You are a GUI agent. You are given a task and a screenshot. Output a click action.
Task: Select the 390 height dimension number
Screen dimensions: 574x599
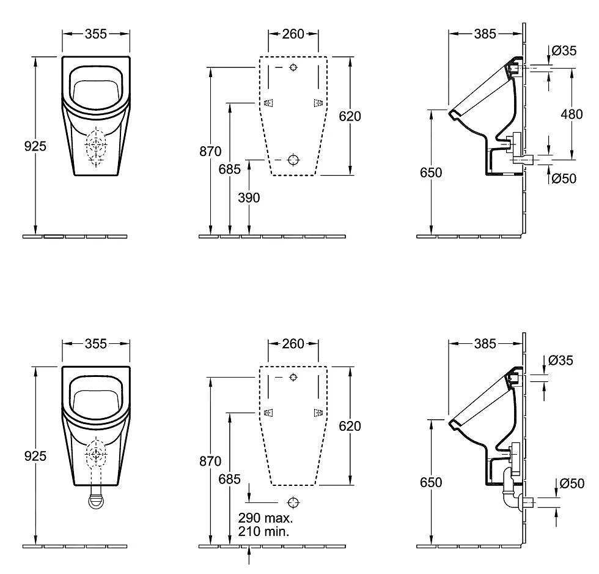pyautogui.click(x=249, y=197)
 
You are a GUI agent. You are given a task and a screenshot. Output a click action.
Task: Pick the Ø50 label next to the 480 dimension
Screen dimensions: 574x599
pyautogui.click(x=563, y=178)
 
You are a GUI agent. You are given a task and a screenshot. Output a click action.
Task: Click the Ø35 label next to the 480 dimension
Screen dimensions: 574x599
pyautogui.click(x=563, y=51)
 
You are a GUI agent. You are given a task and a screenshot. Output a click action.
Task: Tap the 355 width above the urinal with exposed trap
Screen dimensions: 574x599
pyautogui.click(x=95, y=344)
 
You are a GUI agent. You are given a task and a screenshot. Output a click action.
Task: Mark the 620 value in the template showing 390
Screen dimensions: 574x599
pyautogui.click(x=350, y=116)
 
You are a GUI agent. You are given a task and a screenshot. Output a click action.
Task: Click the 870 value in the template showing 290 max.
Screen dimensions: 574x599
pyautogui.click(x=210, y=462)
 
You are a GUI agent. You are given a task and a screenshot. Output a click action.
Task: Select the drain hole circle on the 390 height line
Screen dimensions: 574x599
pyautogui.click(x=293, y=160)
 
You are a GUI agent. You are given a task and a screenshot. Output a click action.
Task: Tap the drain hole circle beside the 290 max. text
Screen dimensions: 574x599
pyautogui.click(x=293, y=503)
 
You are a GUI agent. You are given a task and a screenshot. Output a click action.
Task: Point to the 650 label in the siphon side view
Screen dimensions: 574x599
pyautogui.click(x=431, y=483)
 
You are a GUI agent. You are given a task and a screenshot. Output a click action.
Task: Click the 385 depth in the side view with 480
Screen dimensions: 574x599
pyautogui.click(x=485, y=34)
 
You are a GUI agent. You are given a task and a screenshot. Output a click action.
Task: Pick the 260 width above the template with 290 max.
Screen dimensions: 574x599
pyautogui.click(x=293, y=344)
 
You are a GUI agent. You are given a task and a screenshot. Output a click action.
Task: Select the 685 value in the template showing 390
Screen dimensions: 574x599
pyautogui.click(x=230, y=169)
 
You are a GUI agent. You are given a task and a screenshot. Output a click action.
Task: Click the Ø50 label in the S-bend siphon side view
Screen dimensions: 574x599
pyautogui.click(x=571, y=483)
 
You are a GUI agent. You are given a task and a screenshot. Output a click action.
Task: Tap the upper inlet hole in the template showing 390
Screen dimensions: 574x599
pyautogui.click(x=293, y=67)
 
